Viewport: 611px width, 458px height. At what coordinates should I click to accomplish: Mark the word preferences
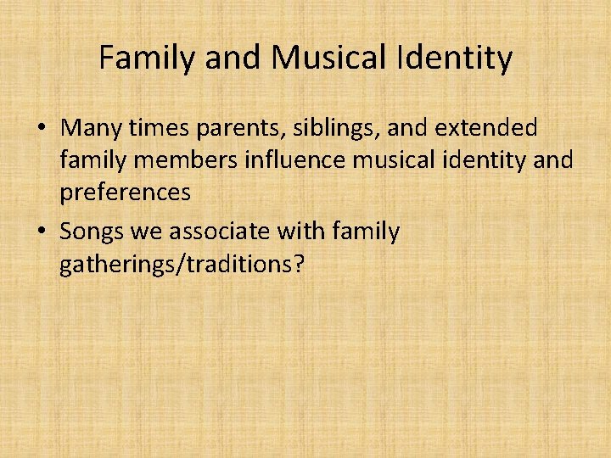pyautogui.click(x=125, y=193)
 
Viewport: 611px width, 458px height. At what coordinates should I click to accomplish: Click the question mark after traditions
pyautogui.click(x=297, y=264)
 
